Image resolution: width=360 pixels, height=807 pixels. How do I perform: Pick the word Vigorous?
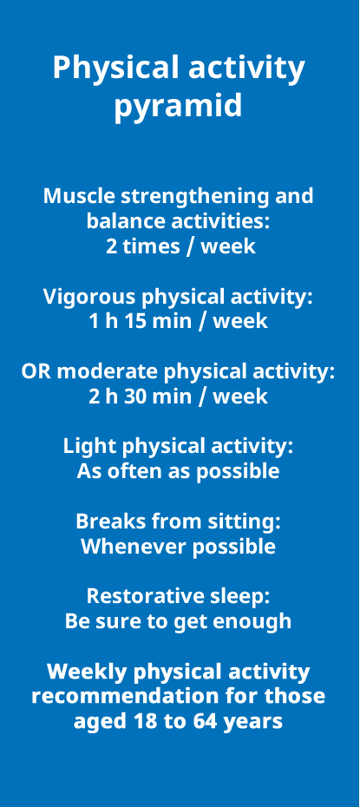pos(89,298)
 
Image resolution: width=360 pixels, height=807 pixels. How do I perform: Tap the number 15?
pos(125,322)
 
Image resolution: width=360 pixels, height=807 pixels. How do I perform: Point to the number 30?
pos(126,397)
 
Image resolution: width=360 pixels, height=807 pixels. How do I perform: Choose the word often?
pos(132,471)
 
